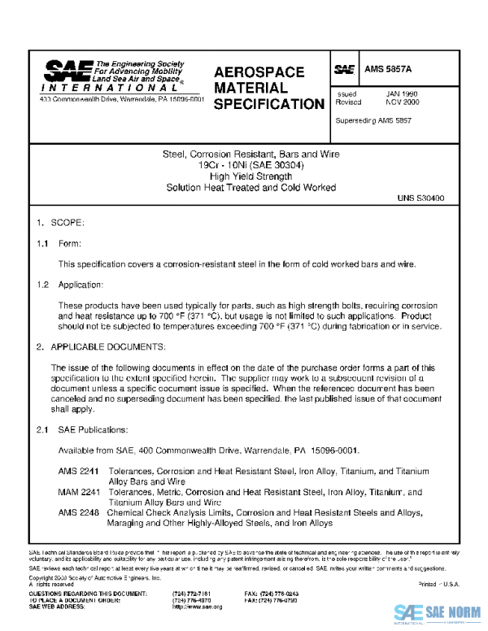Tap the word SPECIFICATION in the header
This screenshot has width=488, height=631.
click(x=268, y=105)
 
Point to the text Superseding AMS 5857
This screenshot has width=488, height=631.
click(x=373, y=120)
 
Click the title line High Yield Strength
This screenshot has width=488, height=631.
click(x=251, y=176)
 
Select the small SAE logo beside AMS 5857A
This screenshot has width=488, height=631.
click(x=345, y=70)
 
